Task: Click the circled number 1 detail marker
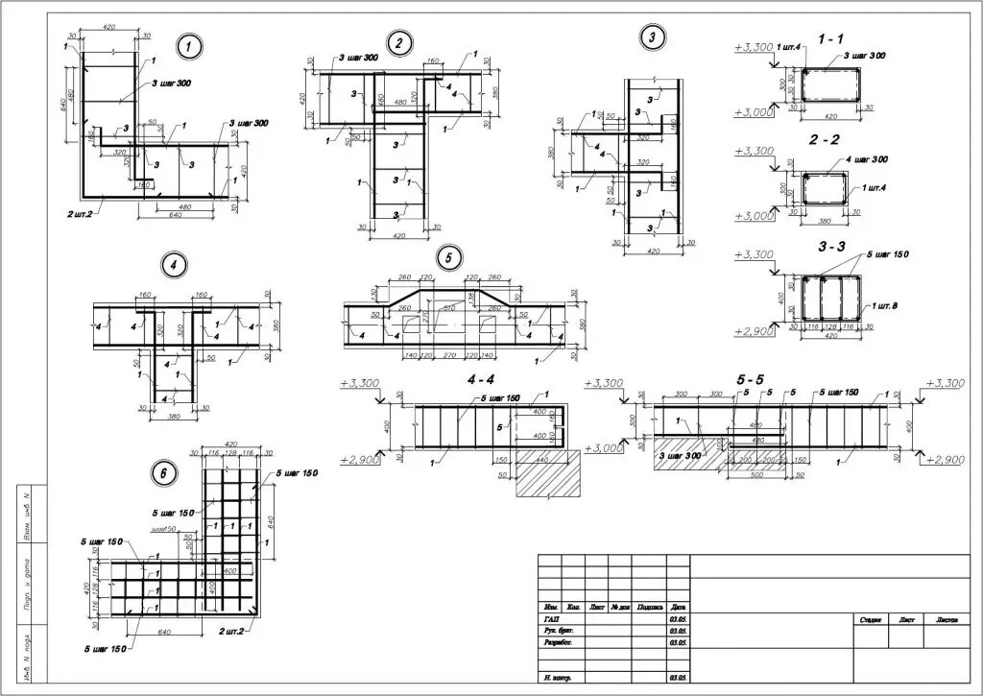pyautogui.click(x=190, y=44)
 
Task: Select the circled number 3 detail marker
pyautogui.click(x=652, y=37)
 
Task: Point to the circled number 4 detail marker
pyautogui.click(x=173, y=263)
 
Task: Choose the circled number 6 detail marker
pyautogui.click(x=164, y=471)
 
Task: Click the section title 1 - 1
pyautogui.click(x=830, y=38)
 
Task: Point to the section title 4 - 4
pyautogui.click(x=481, y=379)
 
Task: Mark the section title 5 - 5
pyautogui.click(x=751, y=380)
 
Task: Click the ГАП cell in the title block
pyautogui.click(x=551, y=619)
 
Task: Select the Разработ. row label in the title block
pyautogui.click(x=560, y=642)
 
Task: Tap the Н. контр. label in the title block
pyautogui.click(x=558, y=678)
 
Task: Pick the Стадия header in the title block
pyautogui.click(x=872, y=620)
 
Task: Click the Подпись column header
pyautogui.click(x=650, y=607)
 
